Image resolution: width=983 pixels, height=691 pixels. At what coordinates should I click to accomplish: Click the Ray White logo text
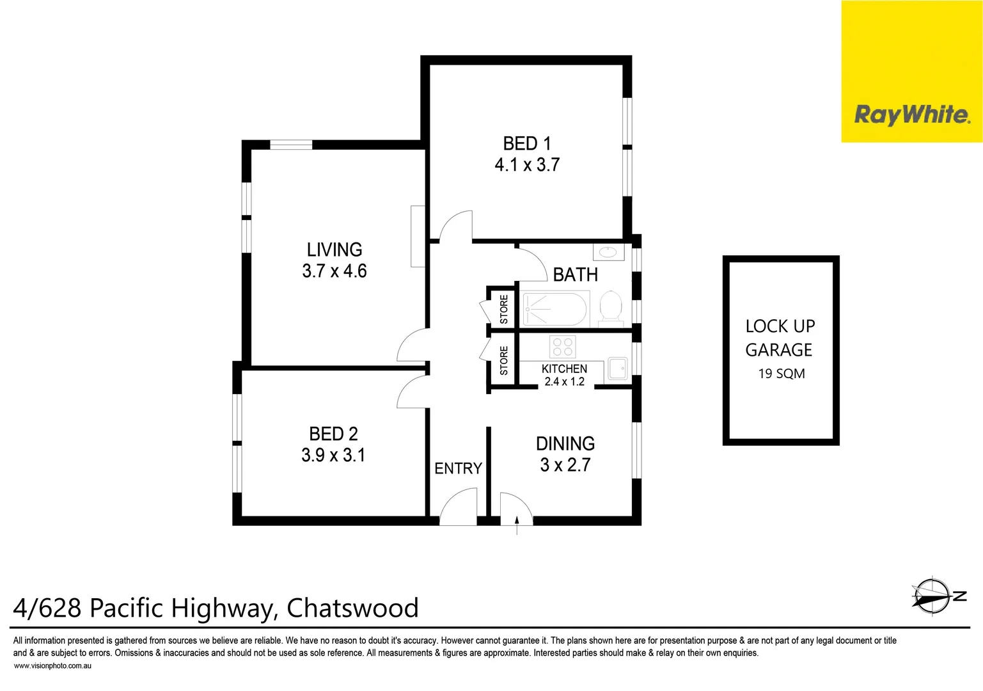pyautogui.click(x=911, y=115)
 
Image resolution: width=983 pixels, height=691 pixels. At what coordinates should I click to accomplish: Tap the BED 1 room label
pyautogui.click(x=526, y=144)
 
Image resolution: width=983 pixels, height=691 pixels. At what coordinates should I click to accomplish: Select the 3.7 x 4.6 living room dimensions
pyautogui.click(x=334, y=271)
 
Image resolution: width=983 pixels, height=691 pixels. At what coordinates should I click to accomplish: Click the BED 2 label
pyautogui.click(x=333, y=434)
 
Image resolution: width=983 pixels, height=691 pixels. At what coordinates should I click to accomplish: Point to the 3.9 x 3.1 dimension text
pyautogui.click(x=333, y=456)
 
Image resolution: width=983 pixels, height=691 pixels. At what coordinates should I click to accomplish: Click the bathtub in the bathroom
pyautogui.click(x=554, y=309)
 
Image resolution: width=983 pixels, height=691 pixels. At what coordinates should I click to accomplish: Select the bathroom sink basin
pyautogui.click(x=608, y=253)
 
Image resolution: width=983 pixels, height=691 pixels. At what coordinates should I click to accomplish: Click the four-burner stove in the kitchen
pyautogui.click(x=562, y=347)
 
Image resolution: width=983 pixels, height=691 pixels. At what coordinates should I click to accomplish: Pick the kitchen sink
pyautogui.click(x=617, y=369)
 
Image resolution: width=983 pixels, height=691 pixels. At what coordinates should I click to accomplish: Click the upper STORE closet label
pyautogui.click(x=504, y=309)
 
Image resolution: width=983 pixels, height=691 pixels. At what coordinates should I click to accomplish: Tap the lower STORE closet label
pyautogui.click(x=504, y=360)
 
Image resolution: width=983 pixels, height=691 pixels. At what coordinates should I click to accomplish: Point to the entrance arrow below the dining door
pyautogui.click(x=517, y=527)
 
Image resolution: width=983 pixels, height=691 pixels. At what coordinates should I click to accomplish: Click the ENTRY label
pyautogui.click(x=458, y=469)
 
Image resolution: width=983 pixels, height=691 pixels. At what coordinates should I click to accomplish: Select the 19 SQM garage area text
pyautogui.click(x=781, y=374)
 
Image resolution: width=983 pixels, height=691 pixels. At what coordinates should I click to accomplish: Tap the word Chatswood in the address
pyautogui.click(x=352, y=608)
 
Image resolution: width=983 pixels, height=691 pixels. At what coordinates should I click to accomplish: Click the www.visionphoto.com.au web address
pyautogui.click(x=52, y=666)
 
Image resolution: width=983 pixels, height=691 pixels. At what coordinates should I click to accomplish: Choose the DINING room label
pyautogui.click(x=565, y=443)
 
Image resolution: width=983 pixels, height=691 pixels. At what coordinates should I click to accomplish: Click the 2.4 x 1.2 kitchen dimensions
pyautogui.click(x=564, y=382)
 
